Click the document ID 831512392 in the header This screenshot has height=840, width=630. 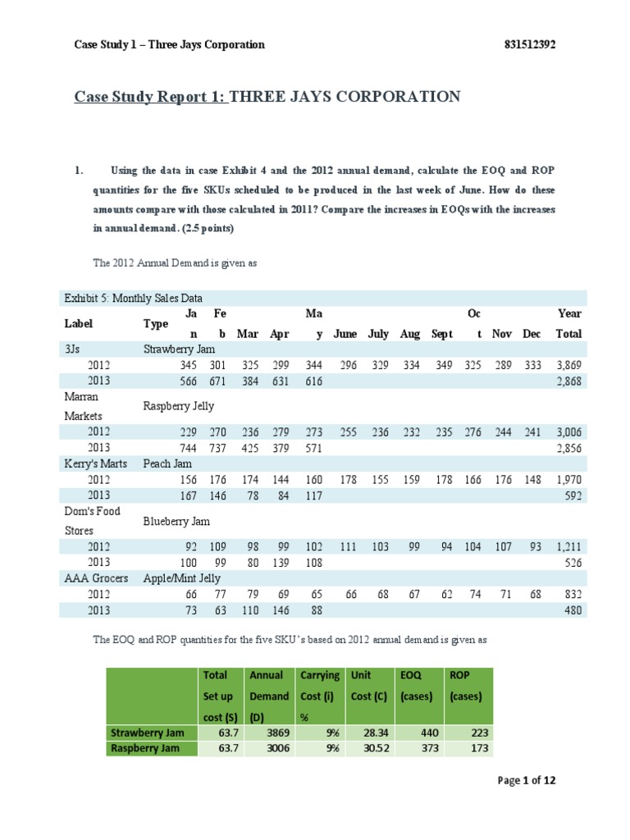tap(528, 44)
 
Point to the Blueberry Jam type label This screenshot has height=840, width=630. tap(176, 521)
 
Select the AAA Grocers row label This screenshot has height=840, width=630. tap(96, 578)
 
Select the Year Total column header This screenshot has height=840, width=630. tap(568, 323)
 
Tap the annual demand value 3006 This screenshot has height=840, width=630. tap(275, 748)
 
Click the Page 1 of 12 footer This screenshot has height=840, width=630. tap(527, 780)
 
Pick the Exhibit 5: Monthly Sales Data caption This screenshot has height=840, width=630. tap(133, 298)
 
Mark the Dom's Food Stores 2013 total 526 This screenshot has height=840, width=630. tap(572, 562)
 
